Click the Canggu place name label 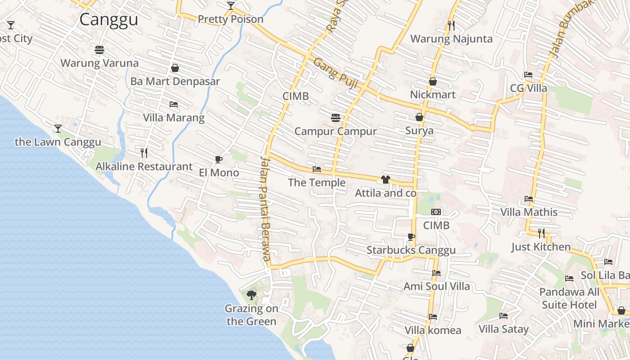(108, 20)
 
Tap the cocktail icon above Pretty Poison (231, 6)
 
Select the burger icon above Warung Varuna (99, 49)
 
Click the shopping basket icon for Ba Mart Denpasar (175, 68)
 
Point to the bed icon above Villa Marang (174, 104)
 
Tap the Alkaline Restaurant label (144, 166)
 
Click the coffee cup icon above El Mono (219, 159)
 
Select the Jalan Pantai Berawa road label (265, 208)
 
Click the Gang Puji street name (333, 69)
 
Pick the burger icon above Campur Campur (335, 118)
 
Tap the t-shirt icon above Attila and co (385, 180)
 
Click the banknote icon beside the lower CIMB (436, 212)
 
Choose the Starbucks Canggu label (411, 250)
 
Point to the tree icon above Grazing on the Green (252, 295)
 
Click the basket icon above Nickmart (433, 81)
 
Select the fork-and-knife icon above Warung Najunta (451, 25)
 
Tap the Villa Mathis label (529, 212)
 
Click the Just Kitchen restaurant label (541, 247)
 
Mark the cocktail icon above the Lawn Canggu (58, 129)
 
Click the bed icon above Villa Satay (504, 316)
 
